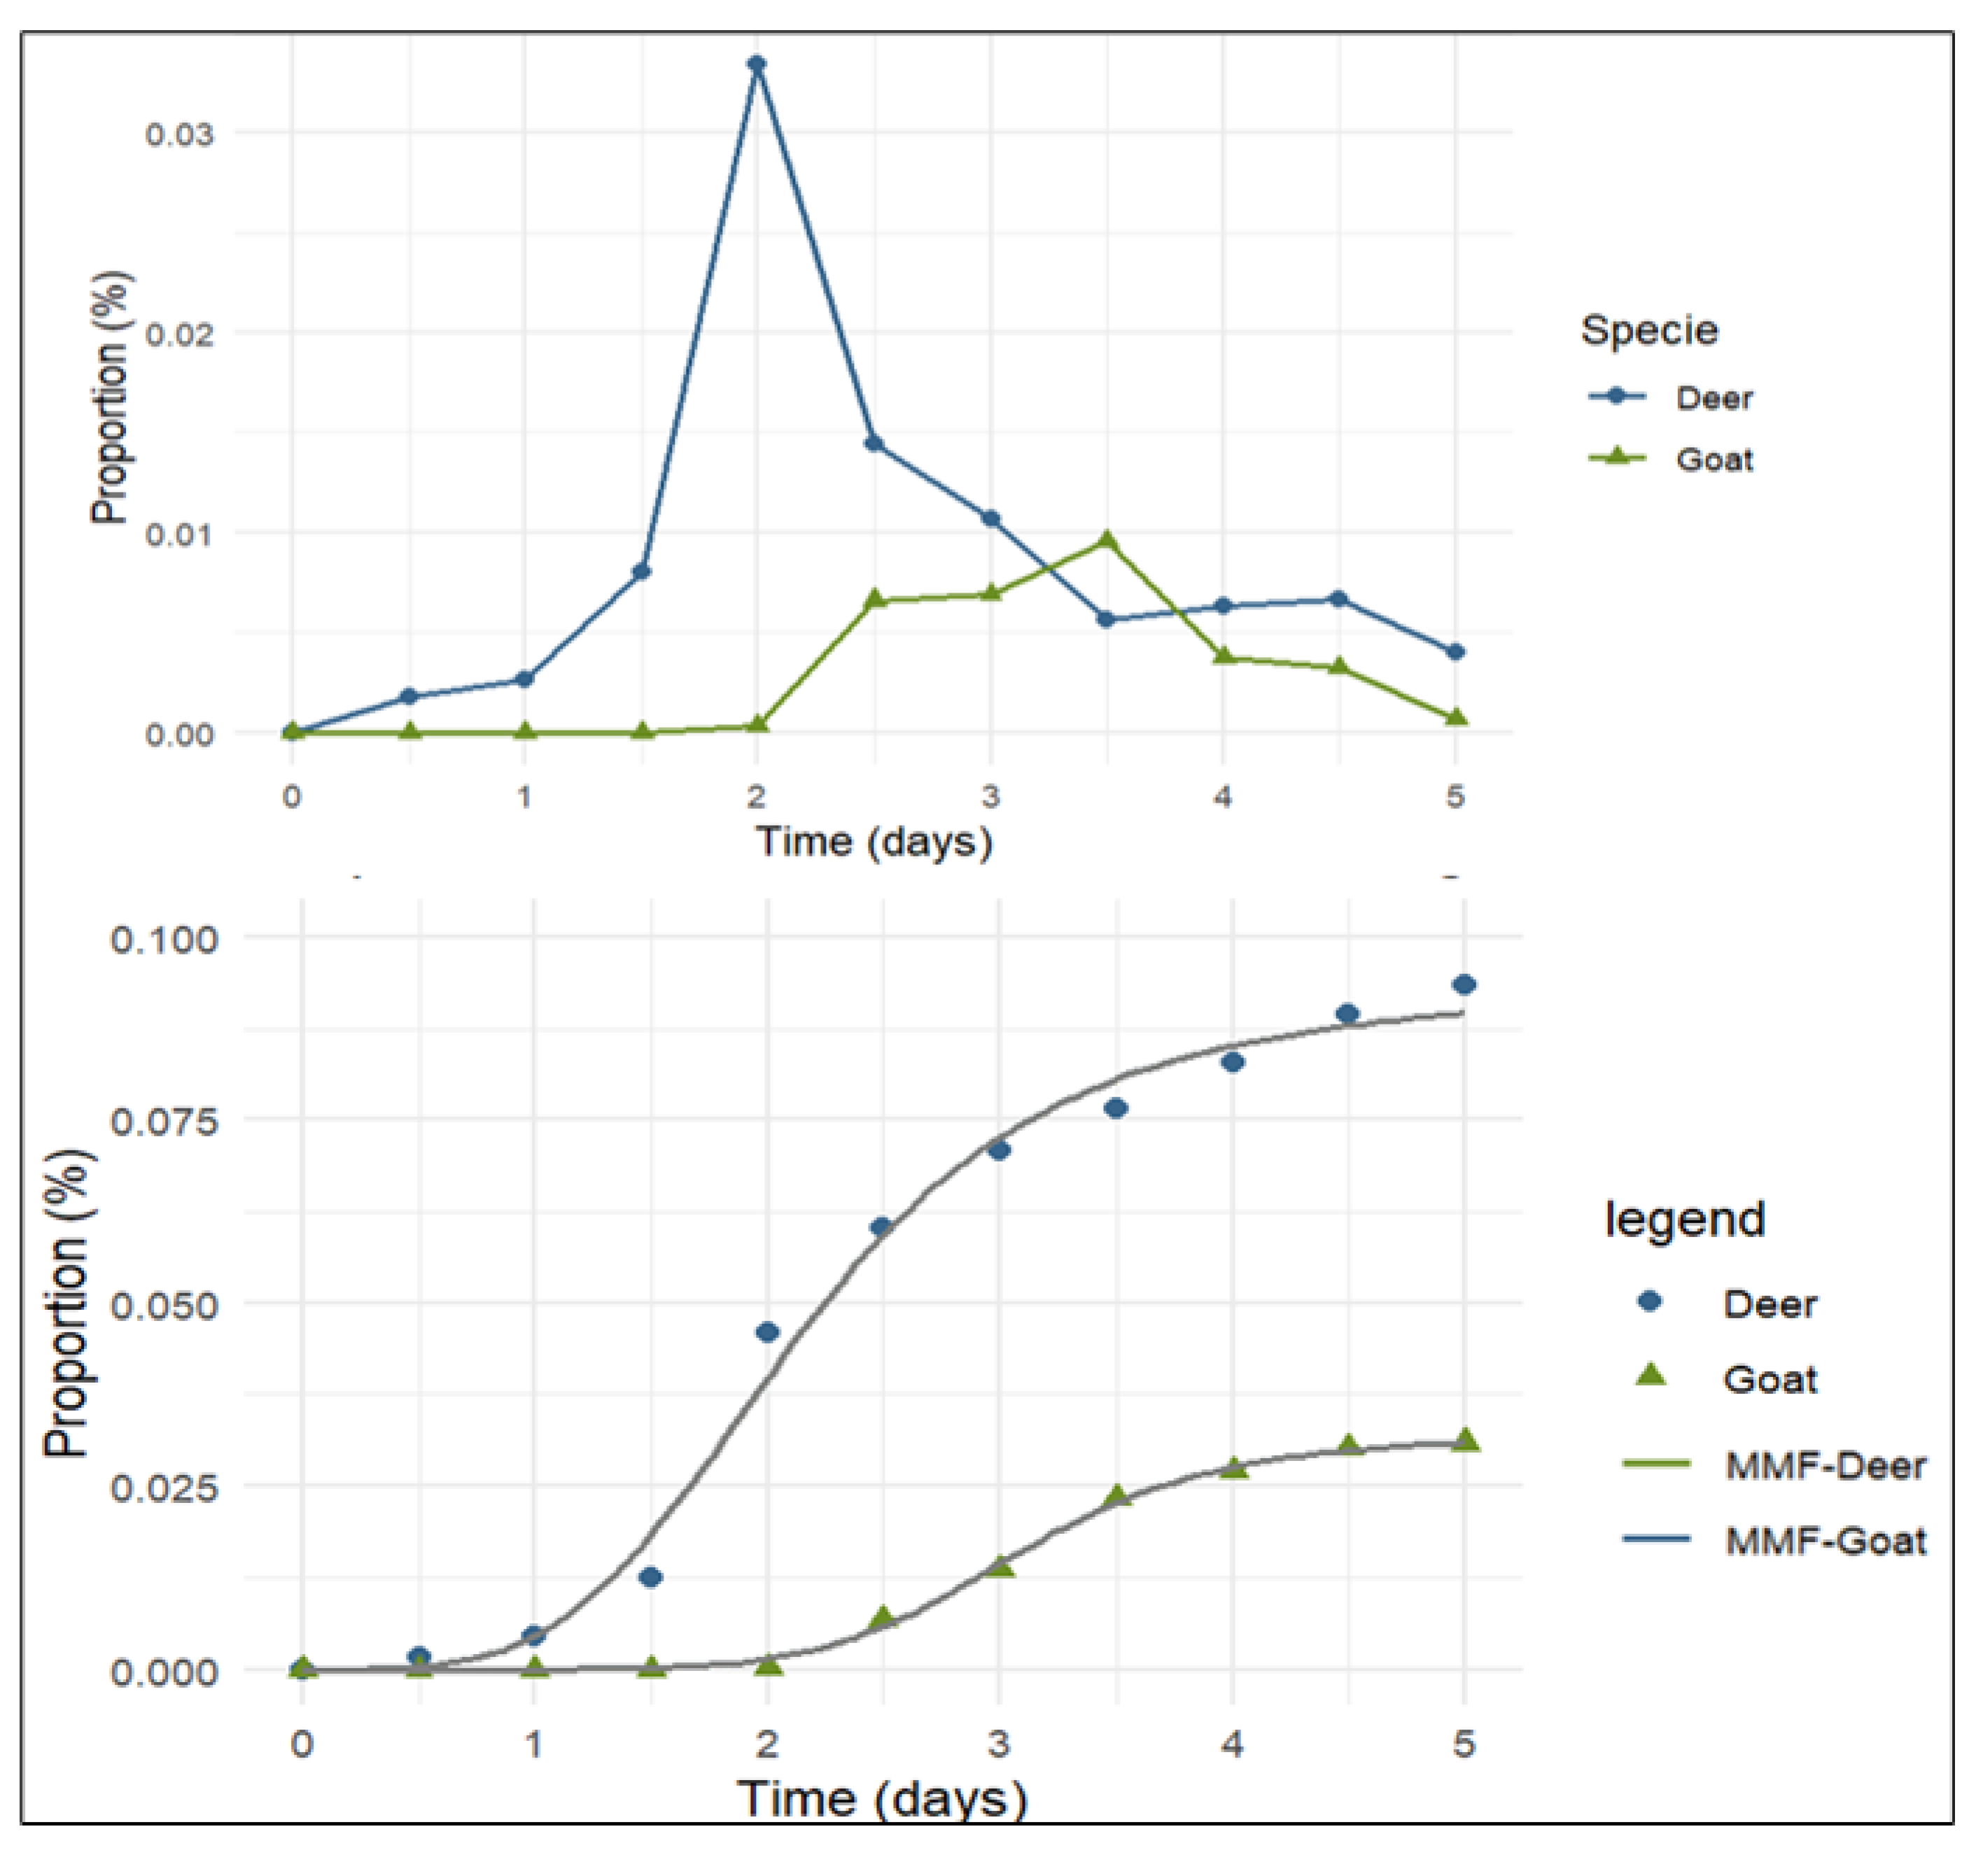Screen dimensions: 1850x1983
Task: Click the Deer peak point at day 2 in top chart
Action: point(757,64)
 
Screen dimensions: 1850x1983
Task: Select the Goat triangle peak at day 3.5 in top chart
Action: point(1105,539)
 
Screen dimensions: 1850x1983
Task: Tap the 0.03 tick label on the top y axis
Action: point(180,133)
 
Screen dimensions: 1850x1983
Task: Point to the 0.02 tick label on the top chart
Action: point(180,333)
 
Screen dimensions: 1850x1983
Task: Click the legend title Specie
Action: point(1649,330)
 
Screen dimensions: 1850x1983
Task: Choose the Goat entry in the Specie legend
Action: point(1713,460)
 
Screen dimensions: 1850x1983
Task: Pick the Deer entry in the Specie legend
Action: point(1713,398)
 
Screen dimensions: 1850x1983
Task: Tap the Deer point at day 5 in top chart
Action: point(1455,651)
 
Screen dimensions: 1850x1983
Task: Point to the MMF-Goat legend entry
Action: point(1824,1541)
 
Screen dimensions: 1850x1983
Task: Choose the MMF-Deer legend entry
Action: point(1824,1465)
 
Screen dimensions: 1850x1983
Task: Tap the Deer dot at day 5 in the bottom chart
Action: point(1464,984)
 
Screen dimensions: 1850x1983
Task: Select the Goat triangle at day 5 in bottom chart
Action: point(1464,1440)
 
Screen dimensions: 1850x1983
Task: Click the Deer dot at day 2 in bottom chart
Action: point(767,1332)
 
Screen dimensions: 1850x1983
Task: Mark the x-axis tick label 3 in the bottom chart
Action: point(998,1743)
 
